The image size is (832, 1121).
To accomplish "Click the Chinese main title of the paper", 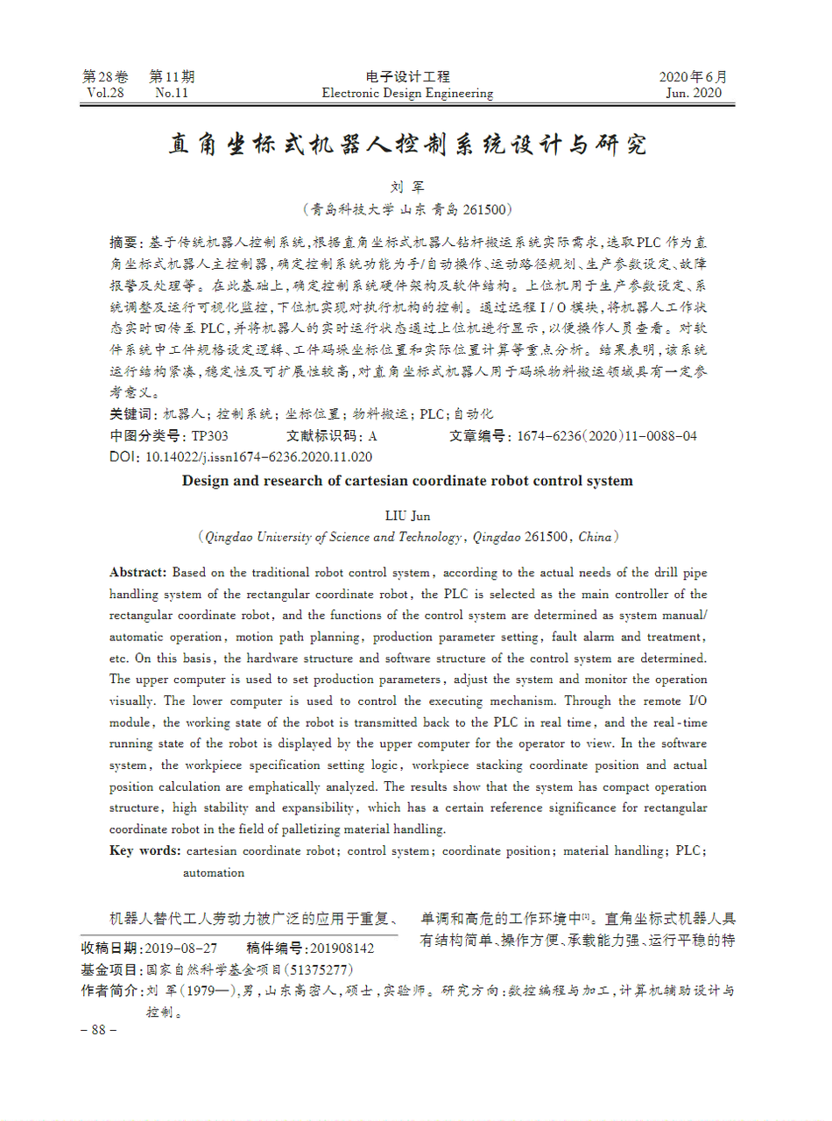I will coord(407,145).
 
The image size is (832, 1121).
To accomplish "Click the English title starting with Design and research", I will coord(406,481).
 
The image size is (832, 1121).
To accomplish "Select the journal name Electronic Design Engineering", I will coord(407,94).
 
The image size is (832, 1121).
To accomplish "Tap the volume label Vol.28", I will coord(106,94).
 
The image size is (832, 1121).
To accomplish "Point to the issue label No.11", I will coord(172,94).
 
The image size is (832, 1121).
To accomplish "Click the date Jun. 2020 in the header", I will coord(694,94).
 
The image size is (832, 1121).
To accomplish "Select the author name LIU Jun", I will coord(407,516).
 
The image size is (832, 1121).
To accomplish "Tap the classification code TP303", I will coord(210,435).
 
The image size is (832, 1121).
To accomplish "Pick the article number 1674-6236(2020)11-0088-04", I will coord(607,435).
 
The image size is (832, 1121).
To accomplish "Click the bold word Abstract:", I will coord(137,573).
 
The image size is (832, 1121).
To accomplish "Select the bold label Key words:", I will coord(145,850).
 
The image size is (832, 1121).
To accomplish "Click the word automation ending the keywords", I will coord(214,872).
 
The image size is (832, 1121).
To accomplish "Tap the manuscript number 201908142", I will coord(342,948).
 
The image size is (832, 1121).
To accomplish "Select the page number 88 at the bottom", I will coord(98,1030).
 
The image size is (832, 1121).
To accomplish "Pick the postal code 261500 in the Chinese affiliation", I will coord(484,209).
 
